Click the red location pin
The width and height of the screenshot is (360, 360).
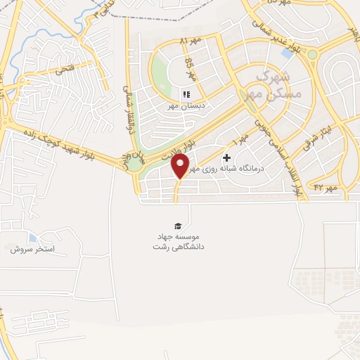coord(181,167)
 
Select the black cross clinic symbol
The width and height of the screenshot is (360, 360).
coord(226,158)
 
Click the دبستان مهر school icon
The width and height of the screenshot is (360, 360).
coord(186,94)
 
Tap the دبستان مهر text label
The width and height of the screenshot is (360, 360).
coord(184,107)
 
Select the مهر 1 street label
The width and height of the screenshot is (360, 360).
coord(242,141)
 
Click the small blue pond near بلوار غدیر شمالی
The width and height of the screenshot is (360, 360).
coord(287,51)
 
